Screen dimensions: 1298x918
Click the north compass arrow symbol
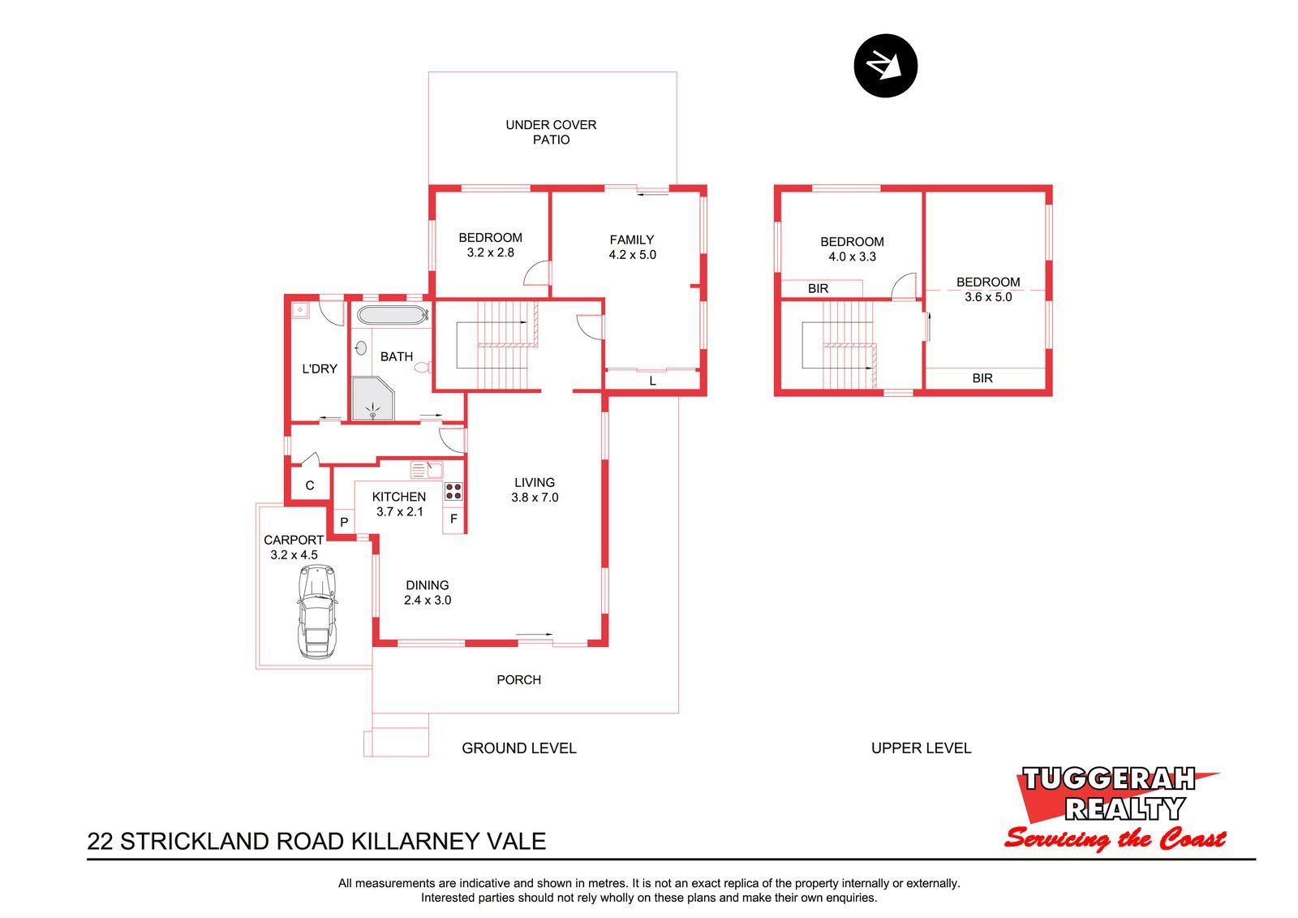click(x=885, y=66)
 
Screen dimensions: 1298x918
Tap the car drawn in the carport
click(x=317, y=612)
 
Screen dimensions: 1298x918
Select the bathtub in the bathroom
click(x=393, y=315)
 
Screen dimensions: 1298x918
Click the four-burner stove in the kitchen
click(x=453, y=491)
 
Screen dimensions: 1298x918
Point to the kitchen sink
click(x=427, y=470)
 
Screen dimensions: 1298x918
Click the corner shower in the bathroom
click(x=372, y=398)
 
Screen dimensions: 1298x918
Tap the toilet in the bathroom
click(x=423, y=367)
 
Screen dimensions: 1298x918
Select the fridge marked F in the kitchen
click(x=453, y=519)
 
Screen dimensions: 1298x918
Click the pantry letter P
click(x=344, y=522)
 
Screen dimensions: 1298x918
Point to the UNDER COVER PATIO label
click(x=551, y=132)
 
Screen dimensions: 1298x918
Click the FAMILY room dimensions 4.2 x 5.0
click(x=632, y=255)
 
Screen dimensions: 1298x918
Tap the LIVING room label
click(x=535, y=482)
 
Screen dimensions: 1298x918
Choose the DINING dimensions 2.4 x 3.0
click(x=428, y=600)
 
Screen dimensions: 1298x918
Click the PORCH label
click(x=518, y=679)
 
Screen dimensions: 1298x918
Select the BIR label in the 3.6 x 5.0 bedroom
click(x=982, y=378)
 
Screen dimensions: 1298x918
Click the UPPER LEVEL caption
click(x=921, y=748)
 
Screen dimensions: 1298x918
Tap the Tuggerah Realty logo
click(x=1115, y=808)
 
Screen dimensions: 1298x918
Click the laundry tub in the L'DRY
click(x=300, y=310)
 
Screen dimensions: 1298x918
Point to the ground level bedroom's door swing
click(x=536, y=274)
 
